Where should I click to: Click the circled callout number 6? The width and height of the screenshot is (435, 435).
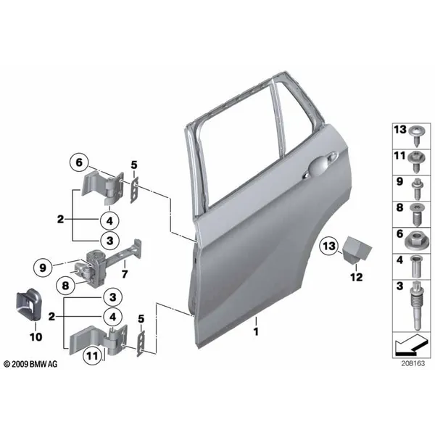pyautogui.click(x=79, y=162)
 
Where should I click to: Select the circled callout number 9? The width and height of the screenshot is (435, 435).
pyautogui.click(x=43, y=268)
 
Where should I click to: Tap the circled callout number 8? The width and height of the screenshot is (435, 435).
pyautogui.click(x=65, y=285)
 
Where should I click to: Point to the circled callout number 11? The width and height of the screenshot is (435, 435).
pyautogui.click(x=92, y=355)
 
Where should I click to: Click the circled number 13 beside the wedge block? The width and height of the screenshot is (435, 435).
pyautogui.click(x=329, y=246)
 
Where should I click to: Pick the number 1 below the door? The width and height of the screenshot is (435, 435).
pyautogui.click(x=256, y=331)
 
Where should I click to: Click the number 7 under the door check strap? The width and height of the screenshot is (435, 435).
pyautogui.click(x=125, y=274)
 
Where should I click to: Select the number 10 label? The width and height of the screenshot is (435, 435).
pyautogui.click(x=36, y=337)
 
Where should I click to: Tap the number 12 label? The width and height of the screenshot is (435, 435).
pyautogui.click(x=357, y=277)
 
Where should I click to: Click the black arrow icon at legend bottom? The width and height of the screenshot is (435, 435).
pyautogui.click(x=411, y=344)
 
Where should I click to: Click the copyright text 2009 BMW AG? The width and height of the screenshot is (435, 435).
pyautogui.click(x=30, y=364)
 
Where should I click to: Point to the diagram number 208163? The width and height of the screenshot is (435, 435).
pyautogui.click(x=413, y=363)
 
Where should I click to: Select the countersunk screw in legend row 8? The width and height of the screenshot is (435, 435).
pyautogui.click(x=417, y=214)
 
